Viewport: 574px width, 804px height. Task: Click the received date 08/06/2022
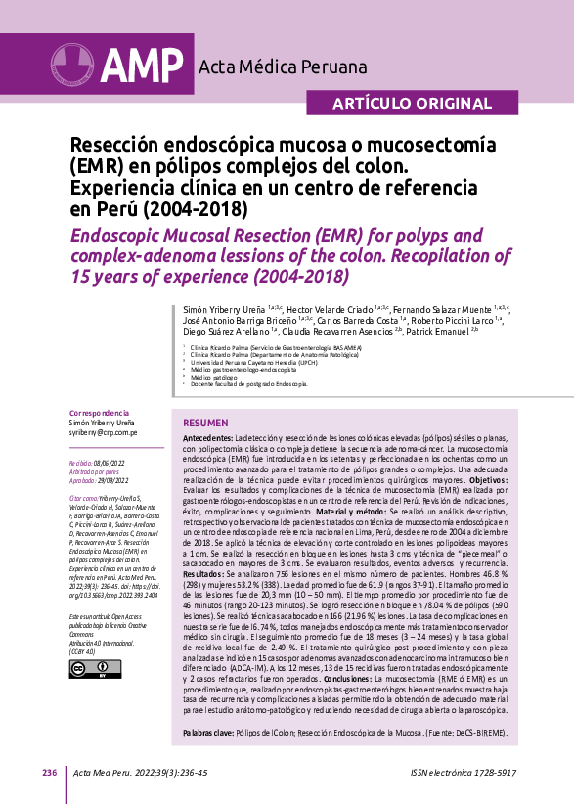pos(109,461)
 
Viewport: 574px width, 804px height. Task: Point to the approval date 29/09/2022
pos(111,479)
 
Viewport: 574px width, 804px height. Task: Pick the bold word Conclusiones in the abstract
pos(354,678)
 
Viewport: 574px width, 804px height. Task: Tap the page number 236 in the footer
pos(49,773)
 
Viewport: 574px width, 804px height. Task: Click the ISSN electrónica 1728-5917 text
pos(464,773)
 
